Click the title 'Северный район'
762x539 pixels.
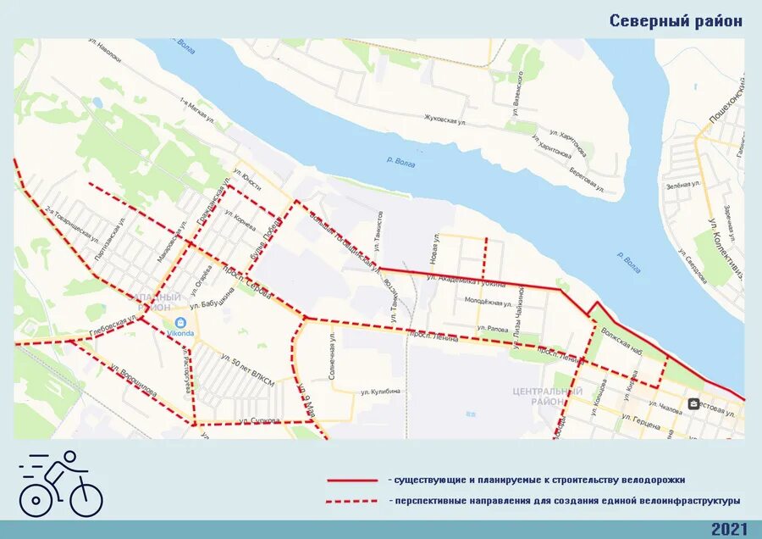coord(676,21)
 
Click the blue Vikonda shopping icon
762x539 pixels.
coord(180,323)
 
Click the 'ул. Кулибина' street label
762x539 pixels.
coord(379,392)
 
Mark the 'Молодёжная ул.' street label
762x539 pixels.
coord(488,302)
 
